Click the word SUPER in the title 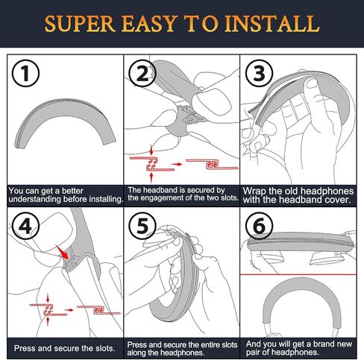(80, 24)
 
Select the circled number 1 (25, 73)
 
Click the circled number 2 (142, 73)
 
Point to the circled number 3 (259, 73)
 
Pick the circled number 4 (25, 226)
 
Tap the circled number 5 (142, 226)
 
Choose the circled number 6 (259, 226)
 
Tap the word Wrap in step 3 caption (254, 192)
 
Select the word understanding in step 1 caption (35, 200)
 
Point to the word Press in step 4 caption (24, 348)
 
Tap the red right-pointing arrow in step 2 (177, 164)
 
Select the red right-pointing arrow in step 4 (69, 310)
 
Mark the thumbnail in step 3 (313, 84)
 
